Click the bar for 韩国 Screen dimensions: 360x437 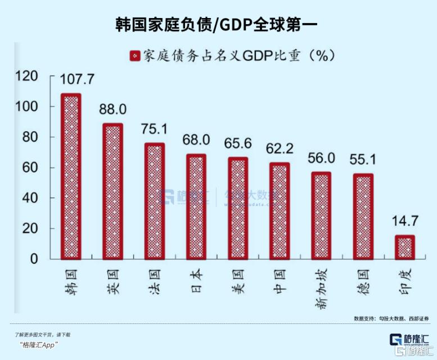(71, 176)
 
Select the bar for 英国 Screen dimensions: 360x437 (112, 191)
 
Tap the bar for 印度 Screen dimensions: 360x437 (403, 247)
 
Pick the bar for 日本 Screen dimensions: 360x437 (196, 206)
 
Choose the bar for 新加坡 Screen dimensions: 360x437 (322, 215)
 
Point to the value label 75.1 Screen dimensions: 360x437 (155, 128)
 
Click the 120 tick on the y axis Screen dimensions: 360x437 (26, 76)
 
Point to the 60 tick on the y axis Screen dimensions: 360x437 (31, 168)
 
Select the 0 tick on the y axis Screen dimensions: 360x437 (34, 259)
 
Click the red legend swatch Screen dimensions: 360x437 (135, 55)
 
